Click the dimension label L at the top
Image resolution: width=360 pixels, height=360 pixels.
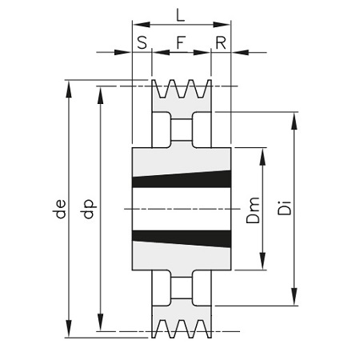click(181, 15)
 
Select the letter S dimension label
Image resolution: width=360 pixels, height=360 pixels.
click(142, 42)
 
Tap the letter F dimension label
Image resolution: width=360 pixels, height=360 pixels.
click(181, 42)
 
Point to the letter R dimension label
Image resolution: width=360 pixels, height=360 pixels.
click(221, 42)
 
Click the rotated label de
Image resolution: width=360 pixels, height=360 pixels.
click(60, 209)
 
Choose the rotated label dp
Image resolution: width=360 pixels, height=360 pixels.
click(89, 209)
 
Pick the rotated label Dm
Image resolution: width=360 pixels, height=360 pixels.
click(253, 210)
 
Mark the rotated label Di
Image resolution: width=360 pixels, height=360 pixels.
click(285, 208)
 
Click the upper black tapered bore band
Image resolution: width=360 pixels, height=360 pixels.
click(182, 180)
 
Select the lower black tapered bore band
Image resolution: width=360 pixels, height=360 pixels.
click(182, 238)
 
